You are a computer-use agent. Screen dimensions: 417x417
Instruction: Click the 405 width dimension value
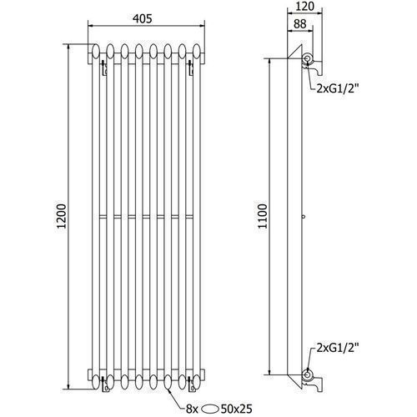pos(143,18)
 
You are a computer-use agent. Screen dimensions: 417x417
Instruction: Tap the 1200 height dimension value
pos(61,216)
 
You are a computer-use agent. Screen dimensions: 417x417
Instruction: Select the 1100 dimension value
pos(262,216)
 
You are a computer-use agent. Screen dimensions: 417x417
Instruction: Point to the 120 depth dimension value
pos(304,6)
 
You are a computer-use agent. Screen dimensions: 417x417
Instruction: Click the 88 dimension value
pos(299,23)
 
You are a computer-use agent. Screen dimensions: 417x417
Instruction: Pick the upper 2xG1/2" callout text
pos(336,89)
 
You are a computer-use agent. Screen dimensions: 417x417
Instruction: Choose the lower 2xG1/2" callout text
pos(336,348)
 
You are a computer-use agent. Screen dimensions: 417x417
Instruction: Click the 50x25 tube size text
pos(236,409)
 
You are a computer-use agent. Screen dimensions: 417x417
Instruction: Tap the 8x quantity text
pos(192,409)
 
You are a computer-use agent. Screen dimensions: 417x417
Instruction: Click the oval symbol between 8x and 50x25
pos(210,409)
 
